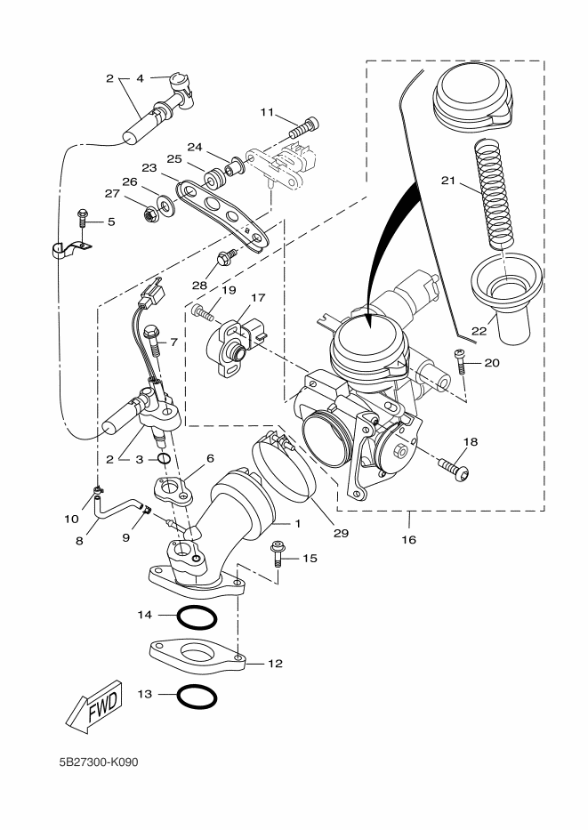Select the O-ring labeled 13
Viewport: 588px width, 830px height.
pyautogui.click(x=197, y=697)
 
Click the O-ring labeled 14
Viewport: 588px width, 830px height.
pyautogui.click(x=197, y=617)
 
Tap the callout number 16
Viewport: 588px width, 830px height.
pyautogui.click(x=409, y=540)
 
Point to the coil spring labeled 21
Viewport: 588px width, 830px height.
pyautogui.click(x=496, y=194)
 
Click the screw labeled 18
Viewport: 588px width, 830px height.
pyautogui.click(x=454, y=470)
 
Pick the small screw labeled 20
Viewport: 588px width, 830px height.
pyautogui.click(x=460, y=361)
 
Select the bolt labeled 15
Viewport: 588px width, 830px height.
pyautogui.click(x=278, y=553)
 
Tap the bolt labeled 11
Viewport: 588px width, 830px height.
pyautogui.click(x=304, y=127)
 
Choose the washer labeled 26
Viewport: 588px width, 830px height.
pyautogui.click(x=165, y=204)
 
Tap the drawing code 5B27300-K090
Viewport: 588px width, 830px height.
pyautogui.click(x=99, y=762)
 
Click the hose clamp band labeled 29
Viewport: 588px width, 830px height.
pyautogui.click(x=284, y=467)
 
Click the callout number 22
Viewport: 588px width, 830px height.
pyautogui.click(x=479, y=331)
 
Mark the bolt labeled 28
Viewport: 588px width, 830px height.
pyautogui.click(x=225, y=257)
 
